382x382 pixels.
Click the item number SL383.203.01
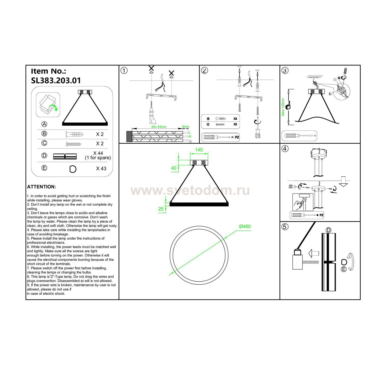(x=56, y=80)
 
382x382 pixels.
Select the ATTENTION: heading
(x=42, y=187)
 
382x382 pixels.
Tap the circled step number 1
(x=124, y=71)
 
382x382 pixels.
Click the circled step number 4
(x=285, y=148)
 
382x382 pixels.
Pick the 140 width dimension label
(x=199, y=150)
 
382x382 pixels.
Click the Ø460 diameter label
(x=245, y=226)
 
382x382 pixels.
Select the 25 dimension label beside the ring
(x=161, y=209)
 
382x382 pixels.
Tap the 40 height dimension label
(x=174, y=168)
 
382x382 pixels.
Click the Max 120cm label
(x=283, y=107)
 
